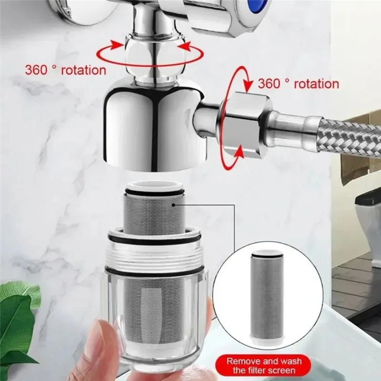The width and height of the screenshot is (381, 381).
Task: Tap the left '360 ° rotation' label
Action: pyautogui.click(x=65, y=70)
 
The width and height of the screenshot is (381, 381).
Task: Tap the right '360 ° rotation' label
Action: pyautogui.click(x=298, y=84)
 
